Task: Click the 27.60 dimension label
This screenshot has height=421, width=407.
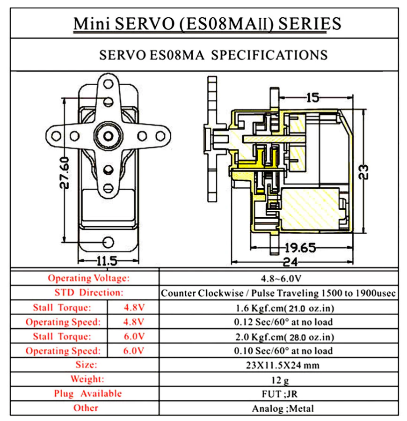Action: tap(65, 173)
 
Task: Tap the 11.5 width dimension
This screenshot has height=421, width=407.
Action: tap(107, 261)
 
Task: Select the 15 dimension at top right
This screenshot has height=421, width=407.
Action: tap(313, 98)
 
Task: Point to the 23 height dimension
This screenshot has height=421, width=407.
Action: tap(363, 172)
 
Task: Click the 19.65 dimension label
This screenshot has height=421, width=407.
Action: tap(300, 248)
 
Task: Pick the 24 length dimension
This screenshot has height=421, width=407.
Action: tap(291, 262)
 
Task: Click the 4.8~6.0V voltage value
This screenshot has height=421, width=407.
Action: tap(281, 279)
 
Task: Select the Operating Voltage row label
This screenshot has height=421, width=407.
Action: tap(88, 278)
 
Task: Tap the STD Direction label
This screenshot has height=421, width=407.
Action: tap(89, 292)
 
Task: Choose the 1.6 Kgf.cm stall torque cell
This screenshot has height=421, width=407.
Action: tap(284, 308)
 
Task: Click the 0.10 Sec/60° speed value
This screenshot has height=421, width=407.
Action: tap(283, 351)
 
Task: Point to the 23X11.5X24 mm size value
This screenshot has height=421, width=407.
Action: tap(283, 365)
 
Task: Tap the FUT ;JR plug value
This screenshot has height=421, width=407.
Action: tap(280, 394)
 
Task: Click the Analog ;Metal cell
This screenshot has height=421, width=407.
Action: tap(283, 408)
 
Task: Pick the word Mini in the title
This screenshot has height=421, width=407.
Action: tap(92, 23)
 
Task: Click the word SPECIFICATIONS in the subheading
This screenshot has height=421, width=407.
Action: tap(269, 55)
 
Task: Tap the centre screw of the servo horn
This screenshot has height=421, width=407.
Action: tap(108, 136)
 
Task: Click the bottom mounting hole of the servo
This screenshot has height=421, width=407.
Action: tap(108, 242)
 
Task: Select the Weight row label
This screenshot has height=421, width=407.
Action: tap(87, 379)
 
